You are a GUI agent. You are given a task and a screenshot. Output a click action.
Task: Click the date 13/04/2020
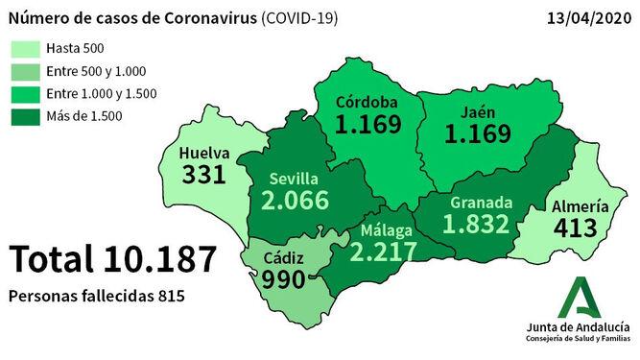pos(587,18)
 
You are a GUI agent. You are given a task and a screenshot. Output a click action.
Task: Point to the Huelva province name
pos(203,151)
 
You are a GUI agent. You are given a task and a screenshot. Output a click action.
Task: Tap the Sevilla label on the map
pos(295,179)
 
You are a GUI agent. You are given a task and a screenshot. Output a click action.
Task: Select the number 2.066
pos(295,202)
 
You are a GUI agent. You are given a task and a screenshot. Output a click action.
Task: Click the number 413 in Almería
pos(576,228)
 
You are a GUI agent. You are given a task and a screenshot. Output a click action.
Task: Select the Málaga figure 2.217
pos(383,252)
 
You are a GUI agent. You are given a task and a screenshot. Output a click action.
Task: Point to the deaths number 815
pos(168,297)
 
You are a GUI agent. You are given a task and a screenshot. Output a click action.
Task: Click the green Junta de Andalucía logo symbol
pos(581,297)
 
